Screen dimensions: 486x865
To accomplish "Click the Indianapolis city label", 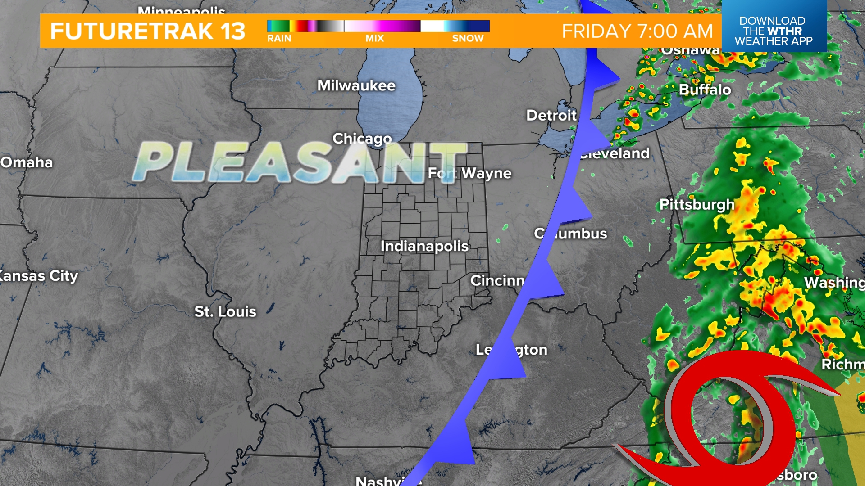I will pos(424,246).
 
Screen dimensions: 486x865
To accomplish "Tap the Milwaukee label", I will pos(356,85).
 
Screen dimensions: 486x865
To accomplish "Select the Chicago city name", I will pos(362,139).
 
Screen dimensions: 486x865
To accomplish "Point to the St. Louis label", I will pos(225,311).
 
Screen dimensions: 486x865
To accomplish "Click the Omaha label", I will pos(27,162).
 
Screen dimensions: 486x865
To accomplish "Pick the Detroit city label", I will pos(551,116).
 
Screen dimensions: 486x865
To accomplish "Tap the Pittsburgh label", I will pos(697,205).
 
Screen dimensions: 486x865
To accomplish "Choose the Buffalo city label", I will pos(705,90).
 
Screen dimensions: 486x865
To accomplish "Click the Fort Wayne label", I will pos(469,173).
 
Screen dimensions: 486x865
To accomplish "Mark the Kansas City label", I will pos(39,276).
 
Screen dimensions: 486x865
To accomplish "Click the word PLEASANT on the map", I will pos(300,163).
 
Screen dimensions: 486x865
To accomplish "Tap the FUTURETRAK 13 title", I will pos(147,31).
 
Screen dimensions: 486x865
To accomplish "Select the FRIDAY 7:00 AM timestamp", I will pos(637,31).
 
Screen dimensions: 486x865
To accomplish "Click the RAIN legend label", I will pos(279,39).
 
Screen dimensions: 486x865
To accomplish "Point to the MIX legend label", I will pos(374,39).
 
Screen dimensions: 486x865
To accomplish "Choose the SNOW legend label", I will pos(468,39).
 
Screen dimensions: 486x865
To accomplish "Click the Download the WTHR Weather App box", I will pos(774,31).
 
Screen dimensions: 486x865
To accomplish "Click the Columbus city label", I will pos(571,234).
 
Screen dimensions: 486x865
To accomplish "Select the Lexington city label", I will pos(512,350).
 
